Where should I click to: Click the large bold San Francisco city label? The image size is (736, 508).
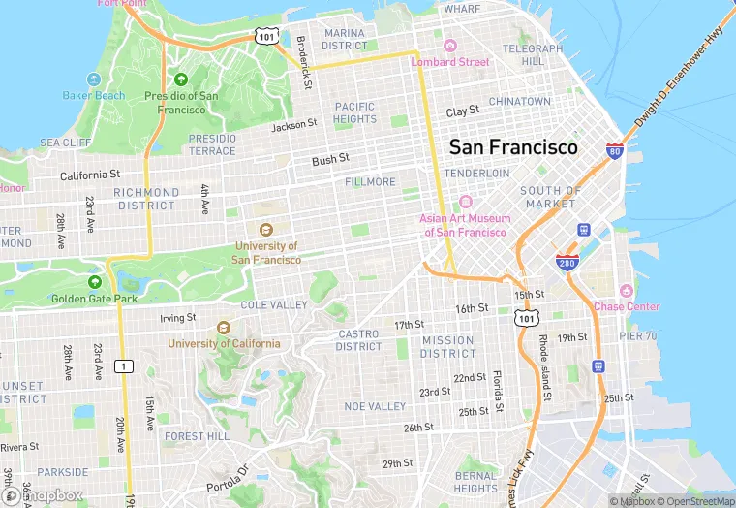click(x=512, y=147)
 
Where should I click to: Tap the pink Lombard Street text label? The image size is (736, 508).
click(x=450, y=62)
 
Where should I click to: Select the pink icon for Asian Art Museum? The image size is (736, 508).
click(x=465, y=202)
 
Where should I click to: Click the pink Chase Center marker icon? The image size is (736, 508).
click(x=627, y=291)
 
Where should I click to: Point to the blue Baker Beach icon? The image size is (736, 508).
click(x=94, y=79)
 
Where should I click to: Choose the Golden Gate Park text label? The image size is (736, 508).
click(x=95, y=299)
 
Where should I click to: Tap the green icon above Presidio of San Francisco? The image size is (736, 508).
click(x=181, y=79)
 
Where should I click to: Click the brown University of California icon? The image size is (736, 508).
click(x=224, y=328)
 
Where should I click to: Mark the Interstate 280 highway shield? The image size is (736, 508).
click(x=567, y=263)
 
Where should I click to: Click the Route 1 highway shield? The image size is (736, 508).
click(x=124, y=365)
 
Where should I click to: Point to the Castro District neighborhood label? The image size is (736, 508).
click(x=358, y=340)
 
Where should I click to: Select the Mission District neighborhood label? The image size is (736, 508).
click(x=447, y=347)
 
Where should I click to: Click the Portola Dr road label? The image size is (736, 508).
click(x=228, y=477)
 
